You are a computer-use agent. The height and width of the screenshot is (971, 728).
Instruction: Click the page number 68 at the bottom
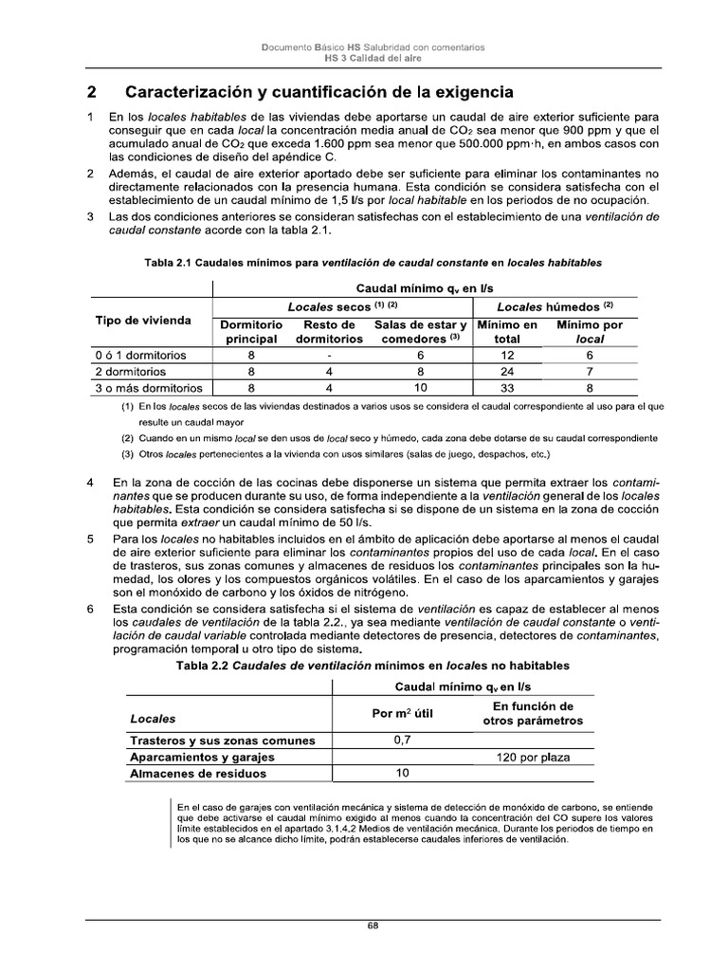click(x=373, y=927)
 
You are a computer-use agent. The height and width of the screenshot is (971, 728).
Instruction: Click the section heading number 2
click(x=91, y=92)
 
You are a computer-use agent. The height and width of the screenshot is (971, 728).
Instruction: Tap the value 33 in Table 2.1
click(x=513, y=387)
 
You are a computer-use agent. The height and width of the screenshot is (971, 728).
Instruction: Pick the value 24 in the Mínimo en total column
click(x=513, y=371)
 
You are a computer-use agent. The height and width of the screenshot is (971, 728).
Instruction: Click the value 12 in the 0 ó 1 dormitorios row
click(x=513, y=355)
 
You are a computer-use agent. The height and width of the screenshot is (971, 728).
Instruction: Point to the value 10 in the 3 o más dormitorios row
click(x=420, y=387)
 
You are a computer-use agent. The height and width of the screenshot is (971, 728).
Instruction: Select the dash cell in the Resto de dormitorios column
click(x=329, y=355)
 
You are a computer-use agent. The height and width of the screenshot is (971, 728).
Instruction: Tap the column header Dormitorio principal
click(x=250, y=331)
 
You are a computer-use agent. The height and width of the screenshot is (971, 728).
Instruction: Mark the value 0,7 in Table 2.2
click(x=402, y=740)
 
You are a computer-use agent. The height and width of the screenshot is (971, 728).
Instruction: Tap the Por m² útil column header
click(x=402, y=713)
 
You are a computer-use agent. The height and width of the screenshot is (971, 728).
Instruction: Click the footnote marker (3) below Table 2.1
click(x=126, y=453)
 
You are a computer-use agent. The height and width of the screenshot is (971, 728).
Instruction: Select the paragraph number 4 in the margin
click(x=90, y=483)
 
